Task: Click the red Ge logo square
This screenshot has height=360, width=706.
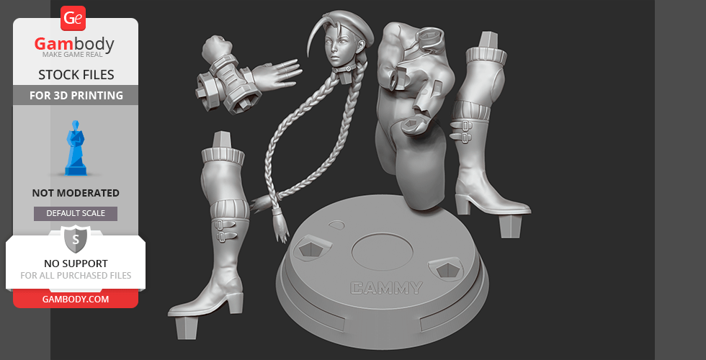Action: tap(73, 18)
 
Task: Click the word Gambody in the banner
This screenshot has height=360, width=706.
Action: tap(74, 44)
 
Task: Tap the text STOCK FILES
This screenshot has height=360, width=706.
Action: tap(76, 75)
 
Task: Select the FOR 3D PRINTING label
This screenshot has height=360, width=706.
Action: tap(76, 95)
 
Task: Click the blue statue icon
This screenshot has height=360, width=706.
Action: tap(76, 148)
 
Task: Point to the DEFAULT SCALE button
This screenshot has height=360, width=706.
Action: tap(76, 213)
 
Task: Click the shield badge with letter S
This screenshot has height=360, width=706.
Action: tap(76, 239)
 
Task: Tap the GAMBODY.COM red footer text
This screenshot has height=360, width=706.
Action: tap(76, 300)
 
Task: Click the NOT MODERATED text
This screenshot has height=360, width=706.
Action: tap(76, 193)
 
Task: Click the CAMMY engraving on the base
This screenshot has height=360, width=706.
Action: tap(386, 288)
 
